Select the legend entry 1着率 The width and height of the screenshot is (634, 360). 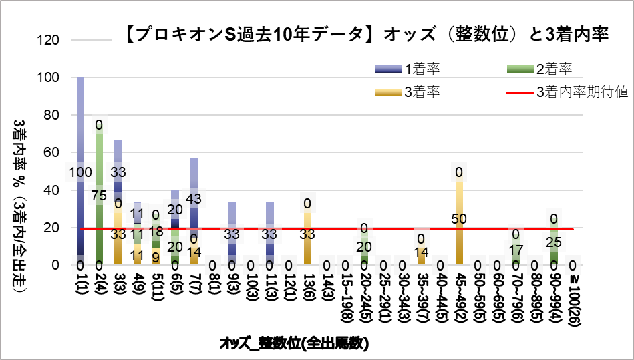421,68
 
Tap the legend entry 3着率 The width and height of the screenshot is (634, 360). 421,92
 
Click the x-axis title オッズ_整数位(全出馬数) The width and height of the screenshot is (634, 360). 295,343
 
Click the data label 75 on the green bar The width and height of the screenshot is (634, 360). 99,196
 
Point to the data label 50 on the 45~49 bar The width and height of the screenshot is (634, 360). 460,219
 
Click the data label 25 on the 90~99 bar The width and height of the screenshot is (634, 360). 554,241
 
